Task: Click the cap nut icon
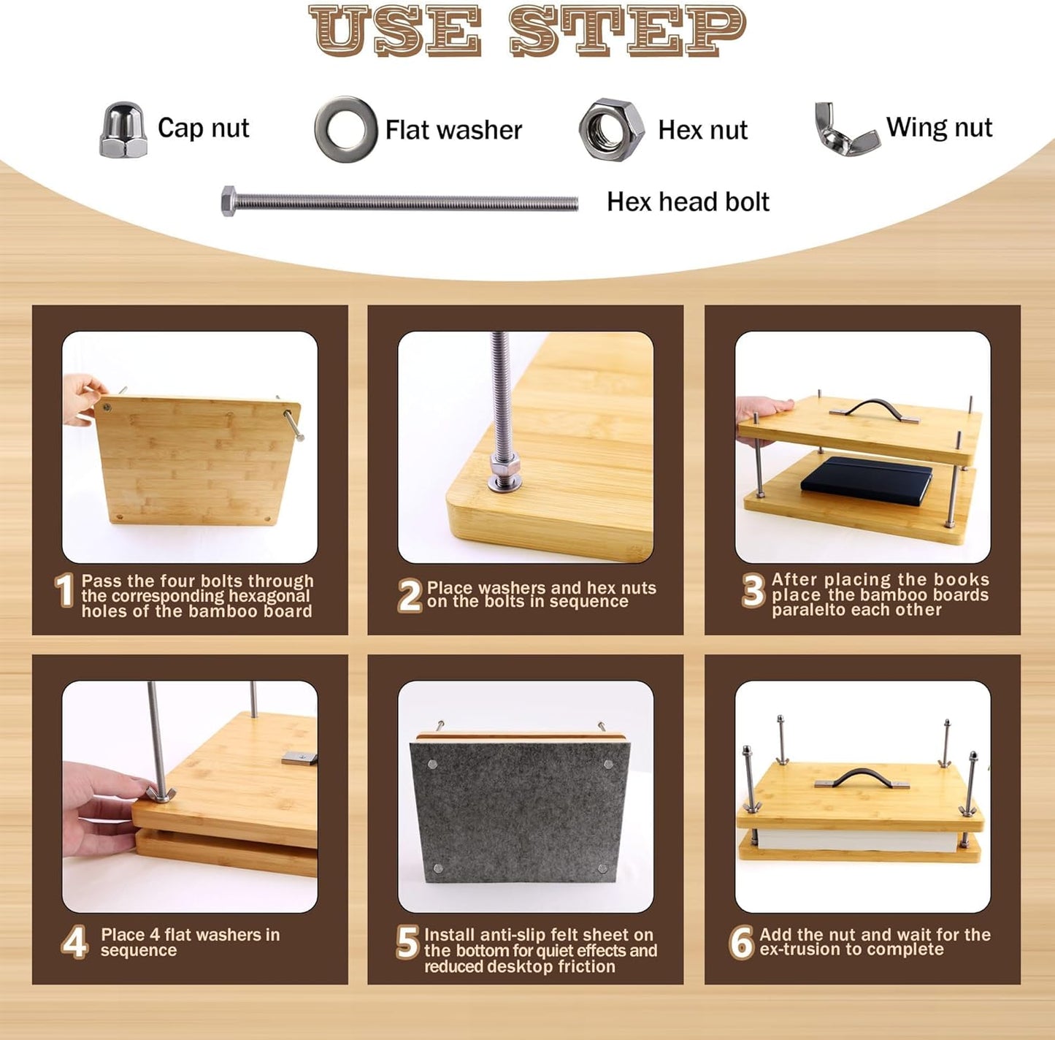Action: [123, 130]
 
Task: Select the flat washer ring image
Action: [345, 129]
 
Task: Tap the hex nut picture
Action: [611, 130]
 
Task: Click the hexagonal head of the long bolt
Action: [229, 200]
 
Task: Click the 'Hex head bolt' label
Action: [687, 202]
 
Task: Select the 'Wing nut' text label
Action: [938, 128]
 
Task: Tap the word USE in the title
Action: [395, 31]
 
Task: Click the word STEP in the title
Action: [627, 31]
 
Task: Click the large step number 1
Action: [64, 590]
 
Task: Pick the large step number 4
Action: [74, 942]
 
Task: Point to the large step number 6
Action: [740, 942]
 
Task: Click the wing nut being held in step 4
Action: [159, 793]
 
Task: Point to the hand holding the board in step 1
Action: [83, 398]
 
